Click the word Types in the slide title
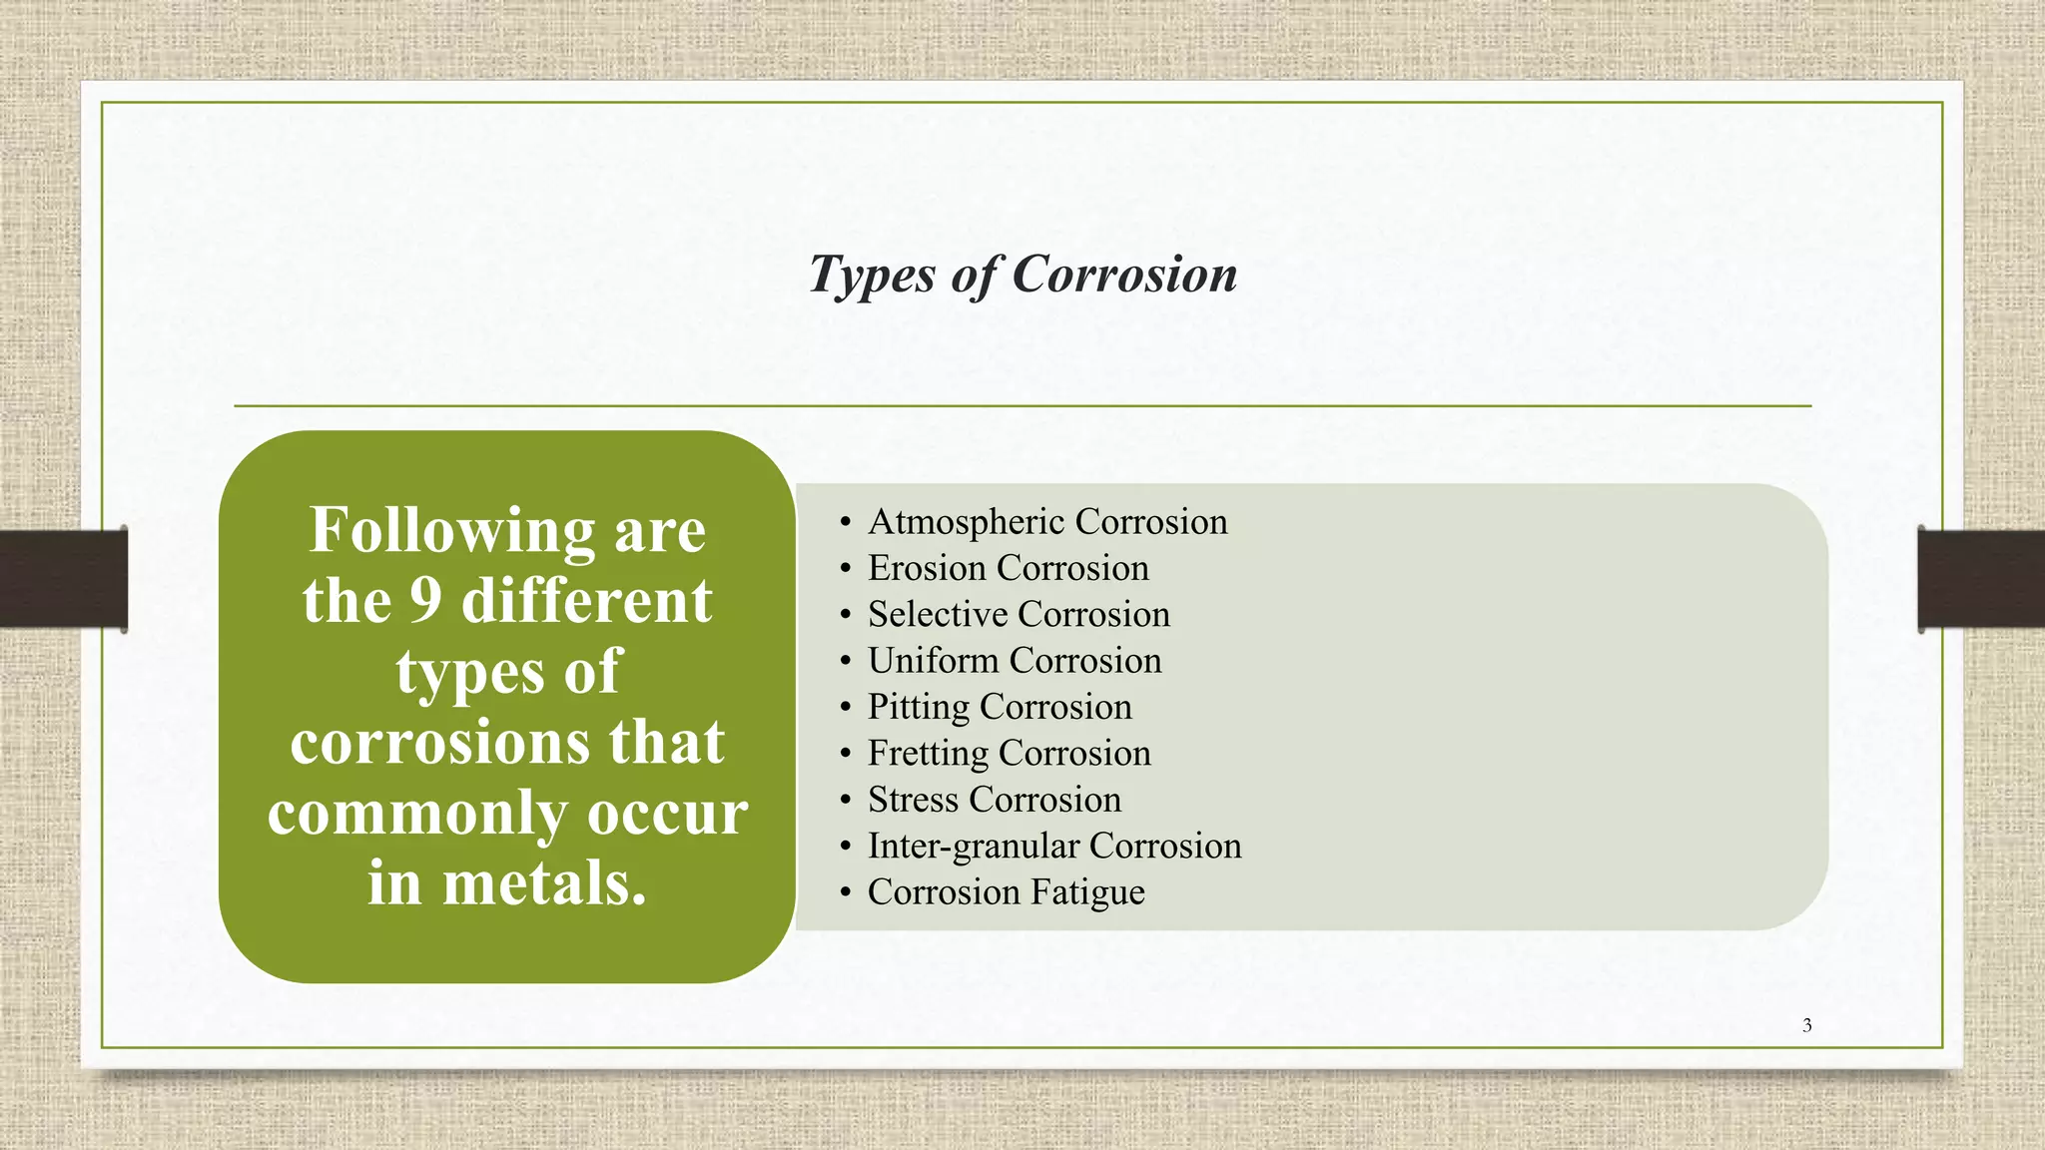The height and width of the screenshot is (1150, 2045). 871,275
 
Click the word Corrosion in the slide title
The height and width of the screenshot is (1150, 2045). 1124,275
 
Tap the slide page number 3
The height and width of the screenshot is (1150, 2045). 1806,1025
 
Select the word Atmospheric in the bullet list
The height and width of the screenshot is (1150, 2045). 966,522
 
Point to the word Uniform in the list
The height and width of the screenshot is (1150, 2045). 933,661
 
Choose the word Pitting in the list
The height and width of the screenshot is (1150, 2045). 918,707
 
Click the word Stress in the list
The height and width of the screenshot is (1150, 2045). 913,800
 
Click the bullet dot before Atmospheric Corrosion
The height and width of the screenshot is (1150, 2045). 845,523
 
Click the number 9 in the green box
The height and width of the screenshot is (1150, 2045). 425,601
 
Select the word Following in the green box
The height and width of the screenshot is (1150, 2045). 452,530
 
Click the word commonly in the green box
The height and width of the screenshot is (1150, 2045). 419,814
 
